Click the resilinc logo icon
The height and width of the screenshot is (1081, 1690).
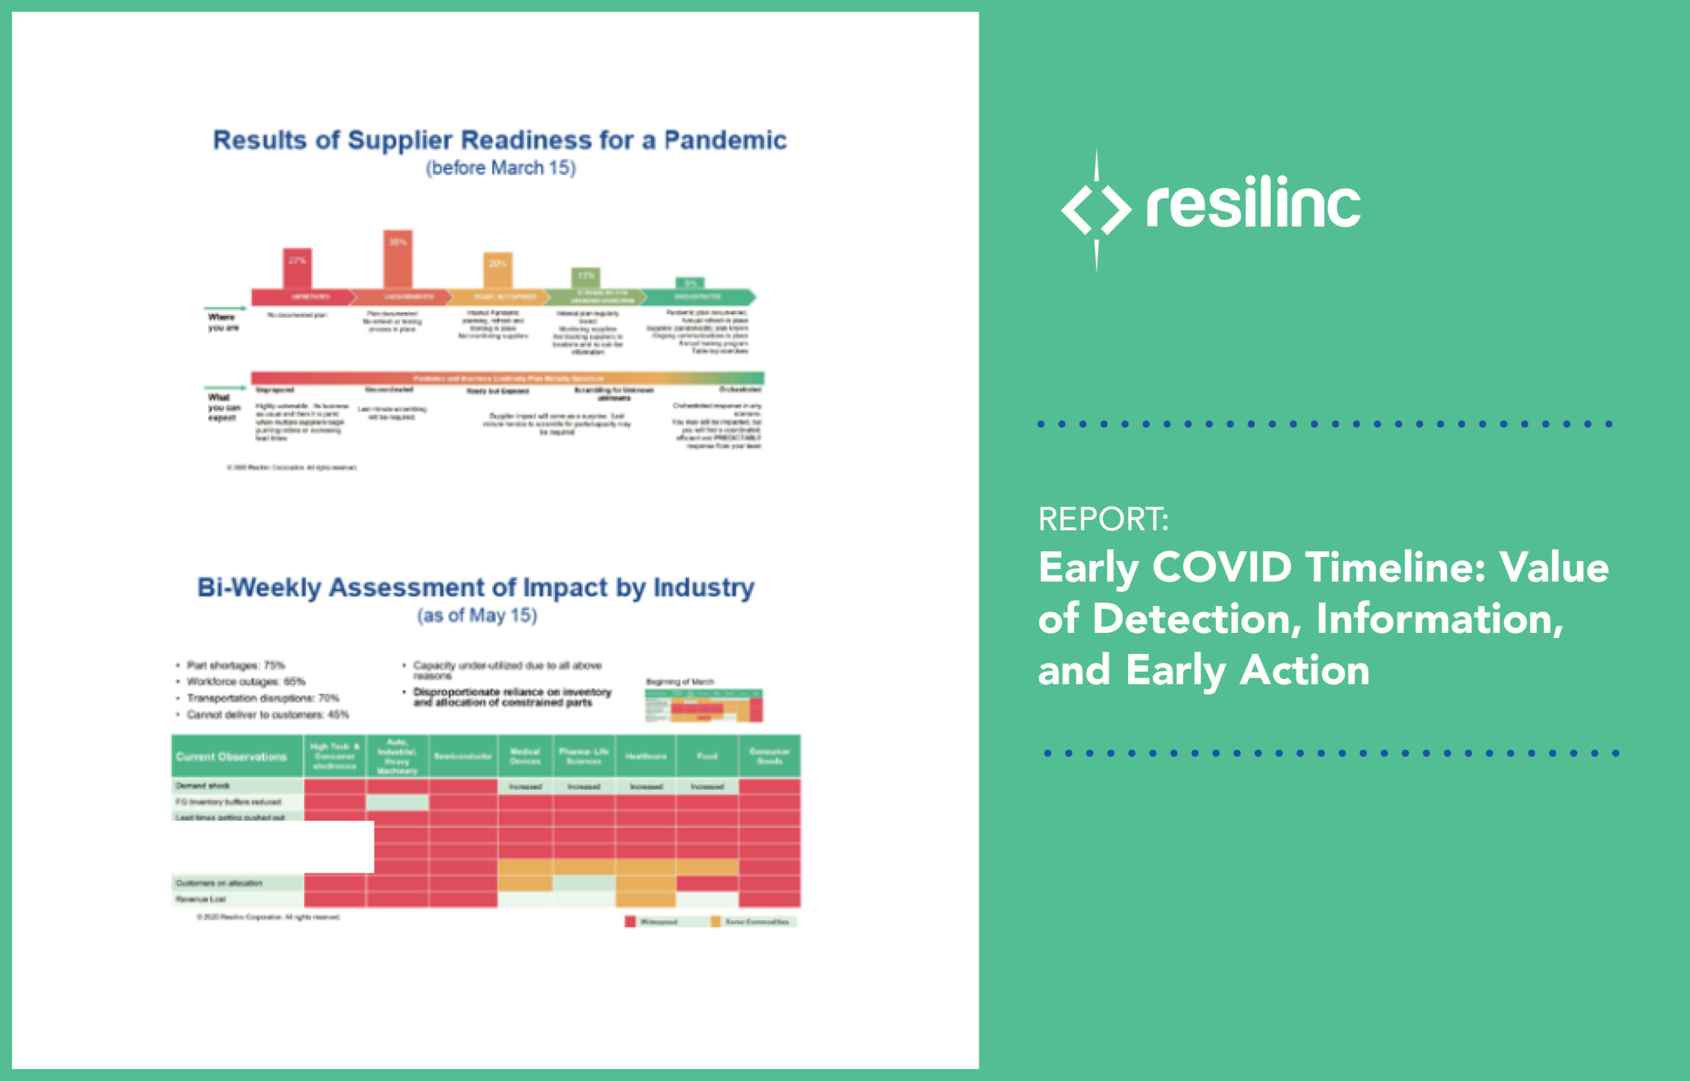tap(1096, 209)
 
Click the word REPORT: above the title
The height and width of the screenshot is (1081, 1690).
tap(1103, 519)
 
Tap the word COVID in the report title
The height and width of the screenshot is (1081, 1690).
tap(1222, 567)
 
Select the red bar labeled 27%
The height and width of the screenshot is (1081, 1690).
tap(297, 268)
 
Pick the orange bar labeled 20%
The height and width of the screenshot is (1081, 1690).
tap(497, 271)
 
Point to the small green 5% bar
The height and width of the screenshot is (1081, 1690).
tap(689, 283)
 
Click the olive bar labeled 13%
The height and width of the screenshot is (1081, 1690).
tap(585, 278)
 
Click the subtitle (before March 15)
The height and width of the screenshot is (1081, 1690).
tap(500, 168)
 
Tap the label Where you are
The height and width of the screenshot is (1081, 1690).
tap(223, 322)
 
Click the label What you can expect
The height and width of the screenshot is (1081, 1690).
tap(224, 407)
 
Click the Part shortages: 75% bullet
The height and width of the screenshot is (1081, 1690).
tap(235, 665)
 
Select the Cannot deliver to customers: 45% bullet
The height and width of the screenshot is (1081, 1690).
tap(267, 715)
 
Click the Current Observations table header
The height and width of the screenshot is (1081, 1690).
tap(231, 757)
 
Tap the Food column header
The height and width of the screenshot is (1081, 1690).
tap(706, 756)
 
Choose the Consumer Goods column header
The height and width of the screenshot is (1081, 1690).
tap(769, 756)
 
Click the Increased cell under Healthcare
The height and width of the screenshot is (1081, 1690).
tap(645, 786)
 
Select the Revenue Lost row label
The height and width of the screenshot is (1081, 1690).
tap(201, 898)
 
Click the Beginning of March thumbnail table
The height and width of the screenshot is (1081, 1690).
tap(704, 705)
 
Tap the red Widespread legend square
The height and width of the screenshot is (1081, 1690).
tap(630, 922)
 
